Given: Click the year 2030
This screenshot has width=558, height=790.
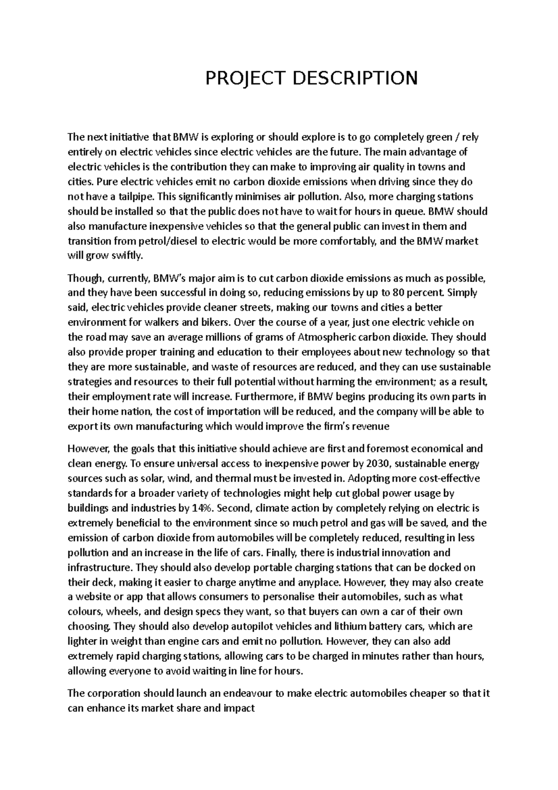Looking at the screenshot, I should coord(378,464).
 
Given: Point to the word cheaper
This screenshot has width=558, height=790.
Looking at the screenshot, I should coord(427,694).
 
